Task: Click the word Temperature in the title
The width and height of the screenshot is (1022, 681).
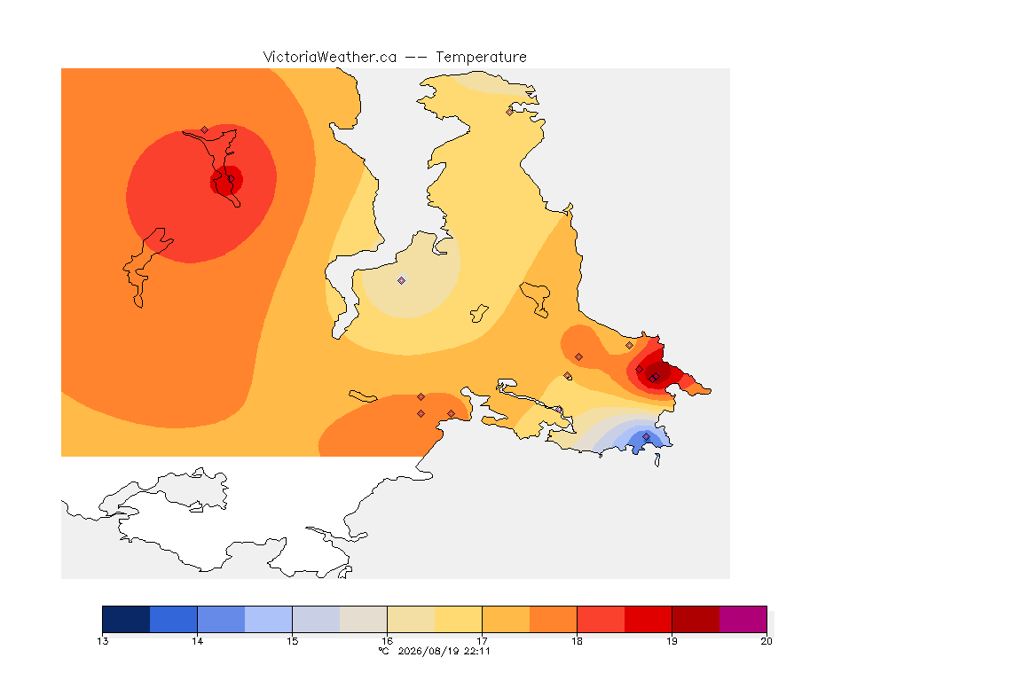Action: pyautogui.click(x=481, y=58)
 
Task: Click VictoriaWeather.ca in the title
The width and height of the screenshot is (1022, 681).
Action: pyautogui.click(x=330, y=58)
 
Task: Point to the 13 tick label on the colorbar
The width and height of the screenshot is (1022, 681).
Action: pyautogui.click(x=102, y=641)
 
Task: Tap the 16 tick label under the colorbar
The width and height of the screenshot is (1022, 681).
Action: pyautogui.click(x=387, y=641)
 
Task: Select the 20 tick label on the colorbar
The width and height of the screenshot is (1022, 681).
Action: pyautogui.click(x=766, y=641)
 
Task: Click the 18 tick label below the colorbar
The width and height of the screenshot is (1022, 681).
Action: pyautogui.click(x=577, y=641)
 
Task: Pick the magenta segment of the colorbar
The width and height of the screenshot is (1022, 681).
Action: pyautogui.click(x=743, y=619)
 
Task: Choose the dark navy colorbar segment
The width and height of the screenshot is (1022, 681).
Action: pyautogui.click(x=127, y=619)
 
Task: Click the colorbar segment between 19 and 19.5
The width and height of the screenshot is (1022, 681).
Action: pyautogui.click(x=696, y=619)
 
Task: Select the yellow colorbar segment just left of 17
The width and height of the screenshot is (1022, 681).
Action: pyautogui.click(x=458, y=619)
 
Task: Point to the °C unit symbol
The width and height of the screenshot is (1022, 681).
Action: pyautogui.click(x=384, y=651)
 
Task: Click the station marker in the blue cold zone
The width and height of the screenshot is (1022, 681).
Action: pyautogui.click(x=646, y=436)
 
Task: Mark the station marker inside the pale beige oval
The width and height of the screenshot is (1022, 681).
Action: pyautogui.click(x=402, y=281)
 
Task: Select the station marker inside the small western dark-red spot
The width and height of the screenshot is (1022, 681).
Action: pyautogui.click(x=230, y=179)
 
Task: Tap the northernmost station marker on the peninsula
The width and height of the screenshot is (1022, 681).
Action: pyautogui.click(x=510, y=112)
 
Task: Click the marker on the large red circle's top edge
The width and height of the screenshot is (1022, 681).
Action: pyautogui.click(x=205, y=130)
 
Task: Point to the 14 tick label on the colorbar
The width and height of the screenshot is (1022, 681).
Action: pyautogui.click(x=198, y=641)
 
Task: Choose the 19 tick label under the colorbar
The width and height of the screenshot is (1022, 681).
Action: pyautogui.click(x=672, y=641)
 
